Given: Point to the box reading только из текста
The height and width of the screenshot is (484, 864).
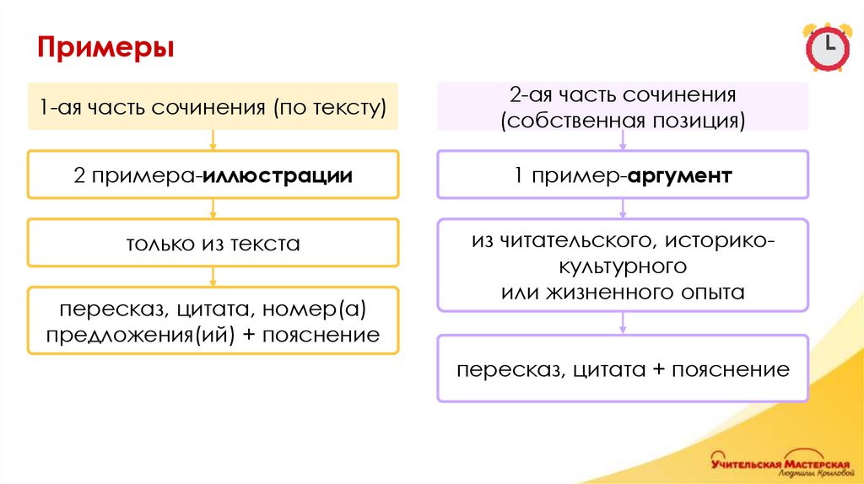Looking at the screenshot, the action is [x=213, y=245].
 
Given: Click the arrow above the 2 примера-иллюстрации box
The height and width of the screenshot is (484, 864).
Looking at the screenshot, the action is [x=213, y=139].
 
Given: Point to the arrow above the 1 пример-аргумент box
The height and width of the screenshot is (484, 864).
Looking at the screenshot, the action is [x=623, y=139].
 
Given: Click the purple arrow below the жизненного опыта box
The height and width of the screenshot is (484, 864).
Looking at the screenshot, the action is [x=623, y=322].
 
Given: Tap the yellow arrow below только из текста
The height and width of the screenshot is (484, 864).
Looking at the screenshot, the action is [x=213, y=276].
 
